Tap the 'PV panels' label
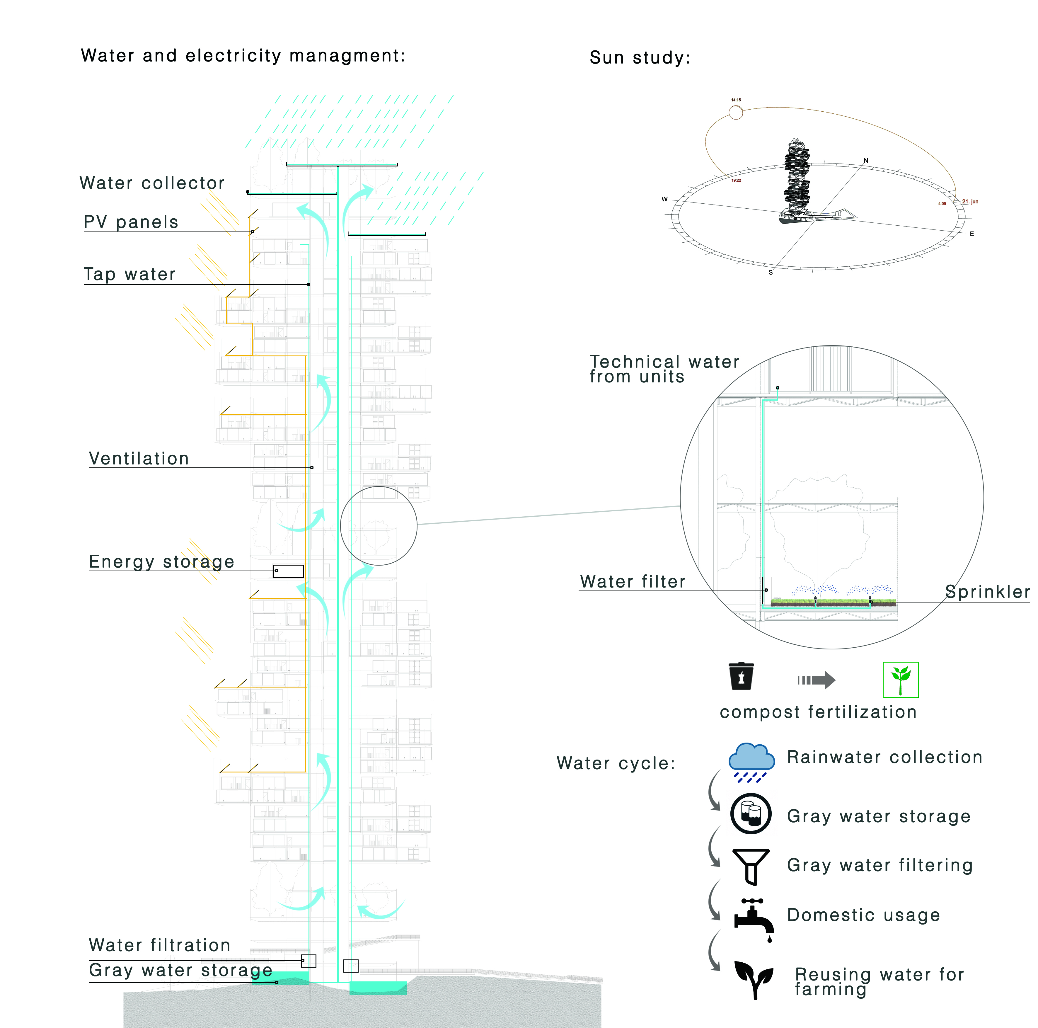coord(131,222)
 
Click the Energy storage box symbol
coord(289,571)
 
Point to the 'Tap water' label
coord(129,274)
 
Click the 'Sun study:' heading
coord(639,57)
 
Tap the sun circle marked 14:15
coord(736,112)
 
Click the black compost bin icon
coord(741,677)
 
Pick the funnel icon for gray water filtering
coord(751,866)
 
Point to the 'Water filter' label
coord(632,581)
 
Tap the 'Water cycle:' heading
coord(616,763)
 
